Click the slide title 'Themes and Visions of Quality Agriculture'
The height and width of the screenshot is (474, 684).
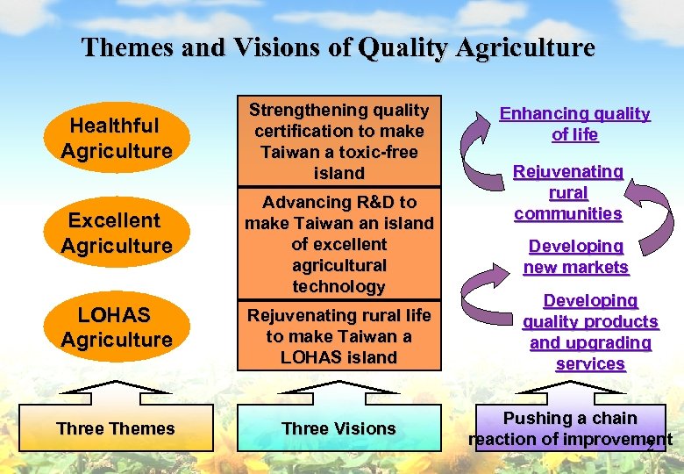point(338,47)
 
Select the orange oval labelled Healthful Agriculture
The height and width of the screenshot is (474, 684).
point(117,139)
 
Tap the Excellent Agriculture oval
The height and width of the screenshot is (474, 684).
point(117,233)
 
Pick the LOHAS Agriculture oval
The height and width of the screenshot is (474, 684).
point(117,327)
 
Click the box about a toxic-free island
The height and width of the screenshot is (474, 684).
point(338,141)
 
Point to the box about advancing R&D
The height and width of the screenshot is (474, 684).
point(338,244)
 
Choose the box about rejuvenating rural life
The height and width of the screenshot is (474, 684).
point(338,336)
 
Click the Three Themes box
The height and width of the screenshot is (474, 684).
point(116,428)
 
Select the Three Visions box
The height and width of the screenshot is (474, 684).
point(338,428)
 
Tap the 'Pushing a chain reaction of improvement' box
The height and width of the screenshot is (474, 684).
point(570,428)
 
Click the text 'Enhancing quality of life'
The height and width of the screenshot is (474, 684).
point(575,125)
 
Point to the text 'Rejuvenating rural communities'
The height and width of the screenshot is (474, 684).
point(568,192)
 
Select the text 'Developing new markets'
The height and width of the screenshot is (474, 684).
point(576,257)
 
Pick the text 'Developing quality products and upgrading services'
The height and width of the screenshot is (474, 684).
point(590,333)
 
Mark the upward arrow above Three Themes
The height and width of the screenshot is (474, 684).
point(116,389)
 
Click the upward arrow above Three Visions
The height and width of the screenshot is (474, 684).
point(338,389)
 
